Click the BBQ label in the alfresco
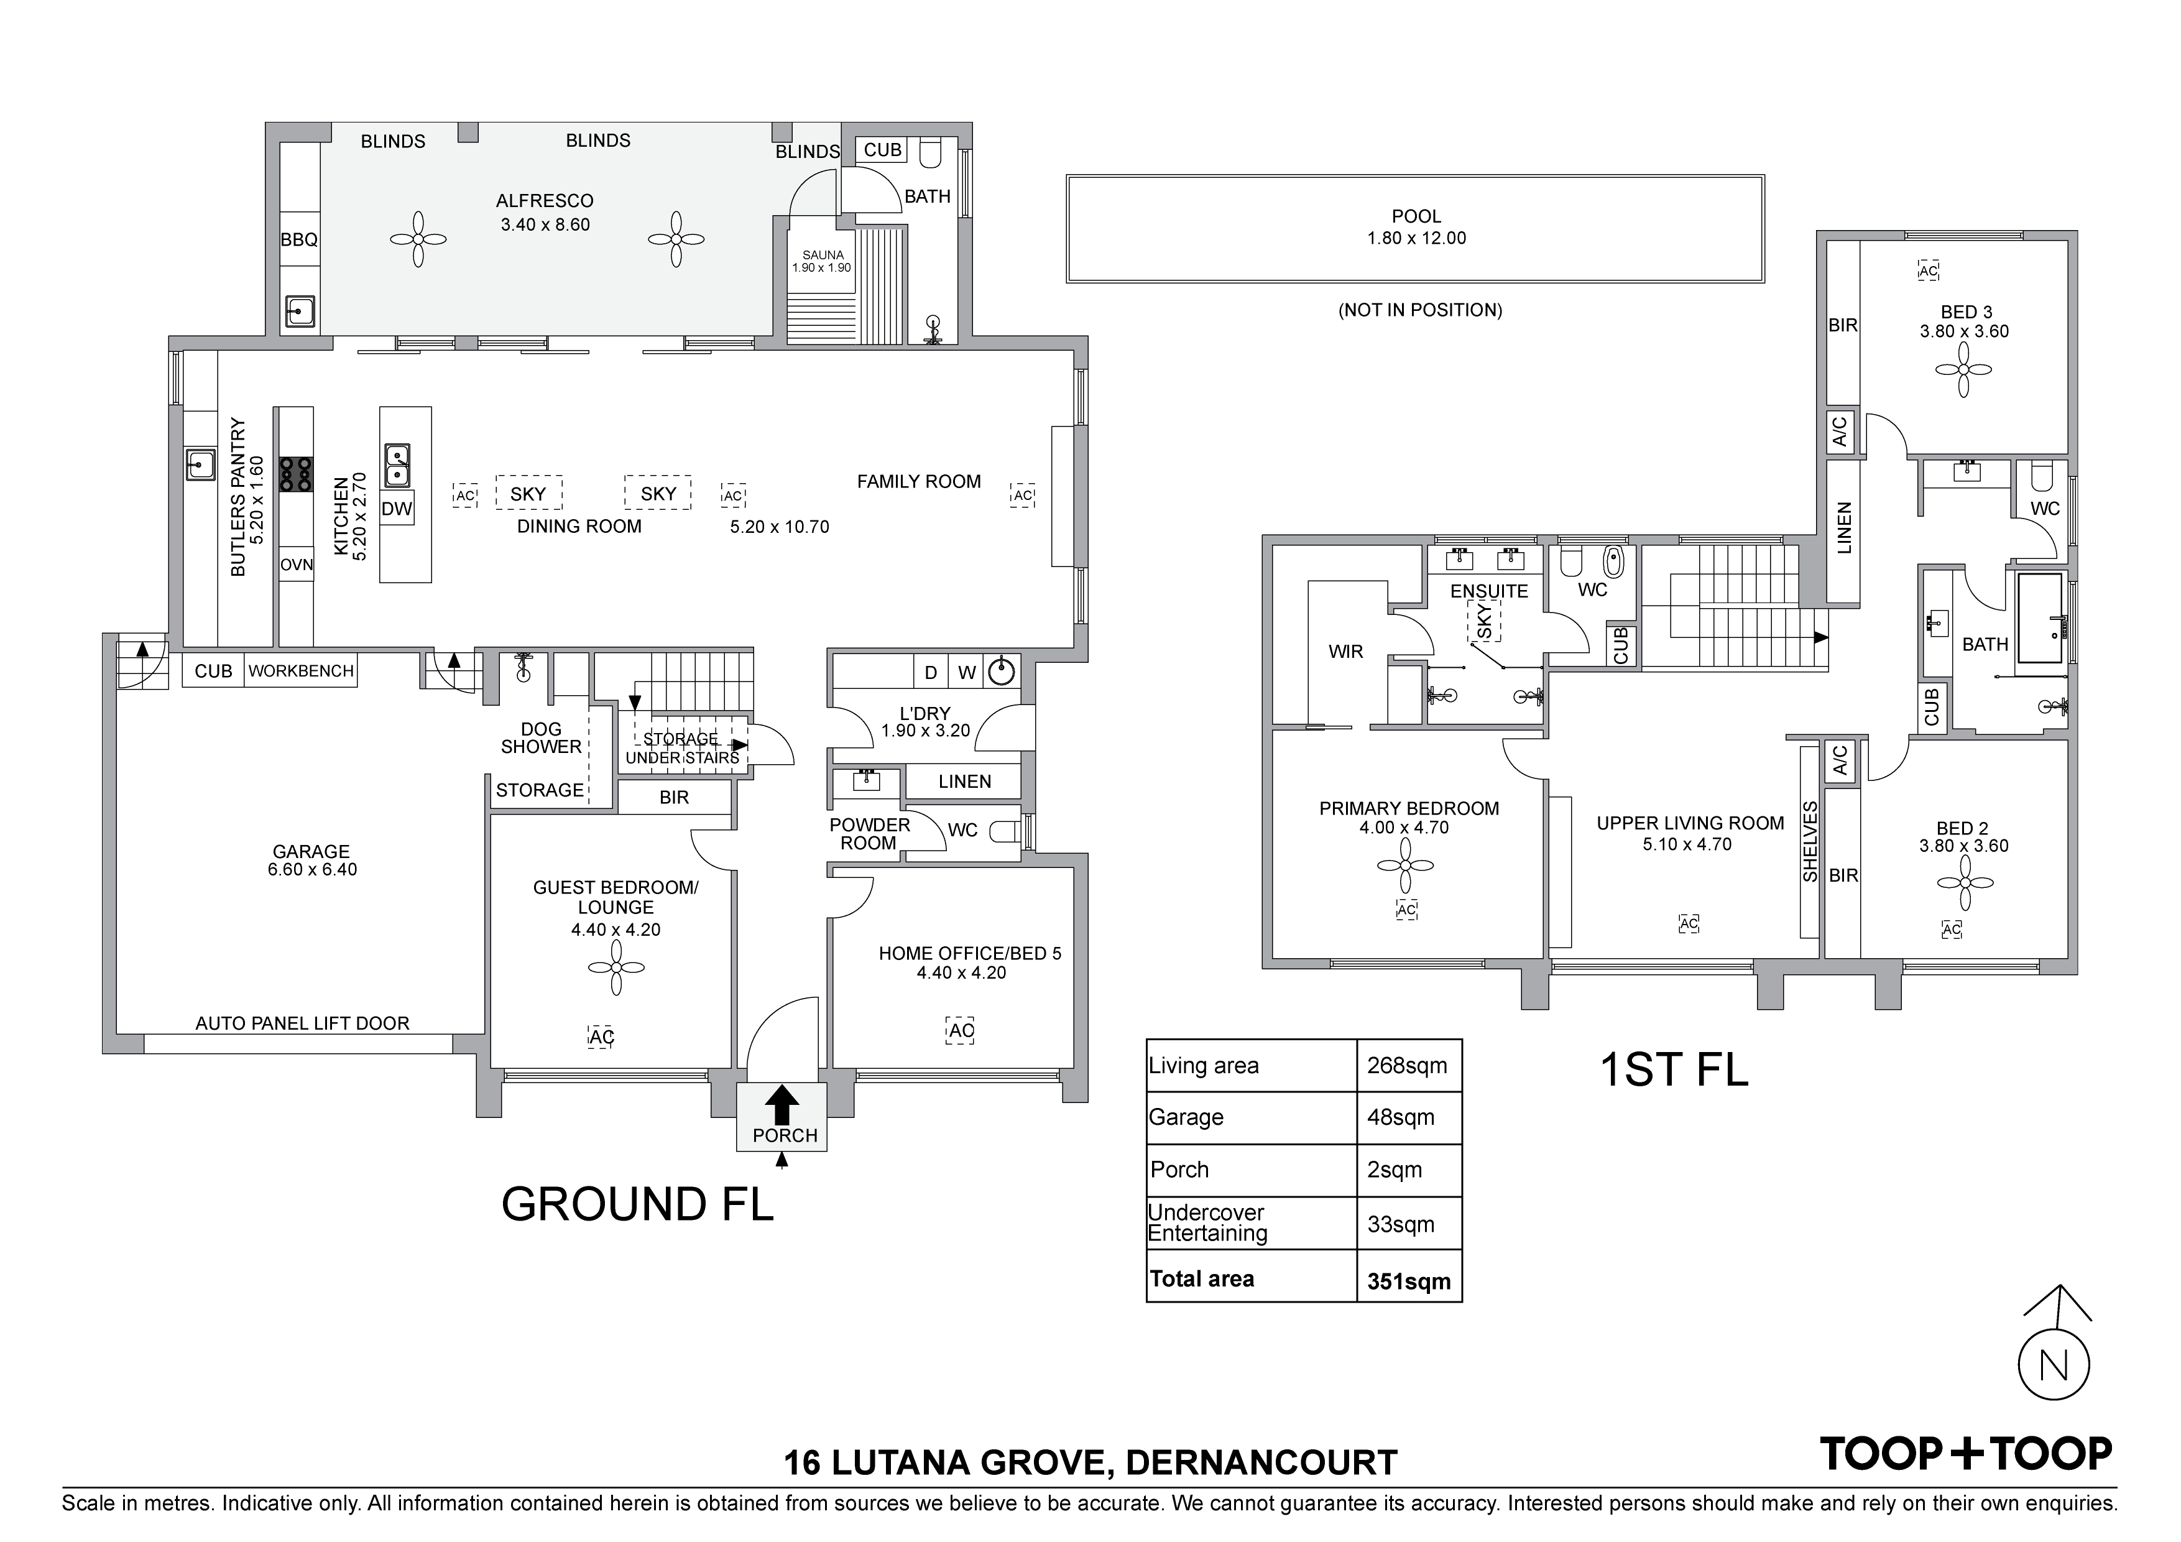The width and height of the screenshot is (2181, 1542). click(299, 241)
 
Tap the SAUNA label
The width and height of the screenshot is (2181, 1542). click(823, 255)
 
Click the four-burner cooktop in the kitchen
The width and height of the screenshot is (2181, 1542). click(297, 474)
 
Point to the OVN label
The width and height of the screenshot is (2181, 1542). click(297, 565)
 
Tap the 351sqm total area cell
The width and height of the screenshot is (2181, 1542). click(1409, 1281)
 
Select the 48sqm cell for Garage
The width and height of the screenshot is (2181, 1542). click(1400, 1117)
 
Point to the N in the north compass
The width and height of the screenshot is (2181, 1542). click(2055, 1366)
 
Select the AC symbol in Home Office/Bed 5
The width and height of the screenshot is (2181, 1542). click(961, 1031)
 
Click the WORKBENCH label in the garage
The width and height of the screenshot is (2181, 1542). click(301, 671)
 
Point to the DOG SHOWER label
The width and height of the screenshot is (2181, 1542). click(540, 738)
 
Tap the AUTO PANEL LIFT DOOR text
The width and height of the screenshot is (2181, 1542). click(302, 1023)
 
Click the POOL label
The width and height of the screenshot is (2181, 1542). click(1416, 216)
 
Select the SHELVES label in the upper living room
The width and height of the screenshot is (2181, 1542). click(1810, 842)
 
